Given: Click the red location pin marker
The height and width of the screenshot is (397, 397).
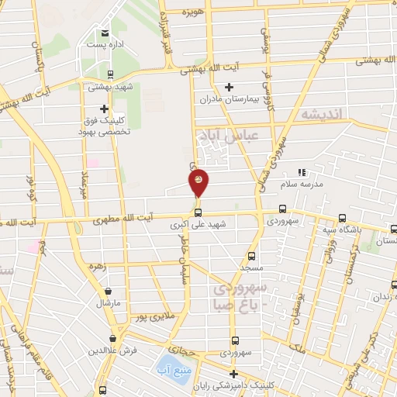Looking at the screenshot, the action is tap(198, 182).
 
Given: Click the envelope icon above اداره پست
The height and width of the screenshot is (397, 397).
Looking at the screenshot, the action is tap(105, 33).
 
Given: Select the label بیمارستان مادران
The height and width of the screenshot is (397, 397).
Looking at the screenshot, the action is tap(228, 99).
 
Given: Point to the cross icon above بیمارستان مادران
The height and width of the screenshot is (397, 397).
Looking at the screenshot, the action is tap(228, 87).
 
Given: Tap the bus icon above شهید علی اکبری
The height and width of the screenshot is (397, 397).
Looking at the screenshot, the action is tap(198, 212).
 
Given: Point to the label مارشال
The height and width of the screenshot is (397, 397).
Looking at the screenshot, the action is tap(108, 303).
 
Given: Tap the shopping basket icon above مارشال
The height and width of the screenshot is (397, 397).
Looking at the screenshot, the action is tap(108, 292).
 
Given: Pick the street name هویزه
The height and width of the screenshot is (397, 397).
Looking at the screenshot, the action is tap(193, 13).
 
